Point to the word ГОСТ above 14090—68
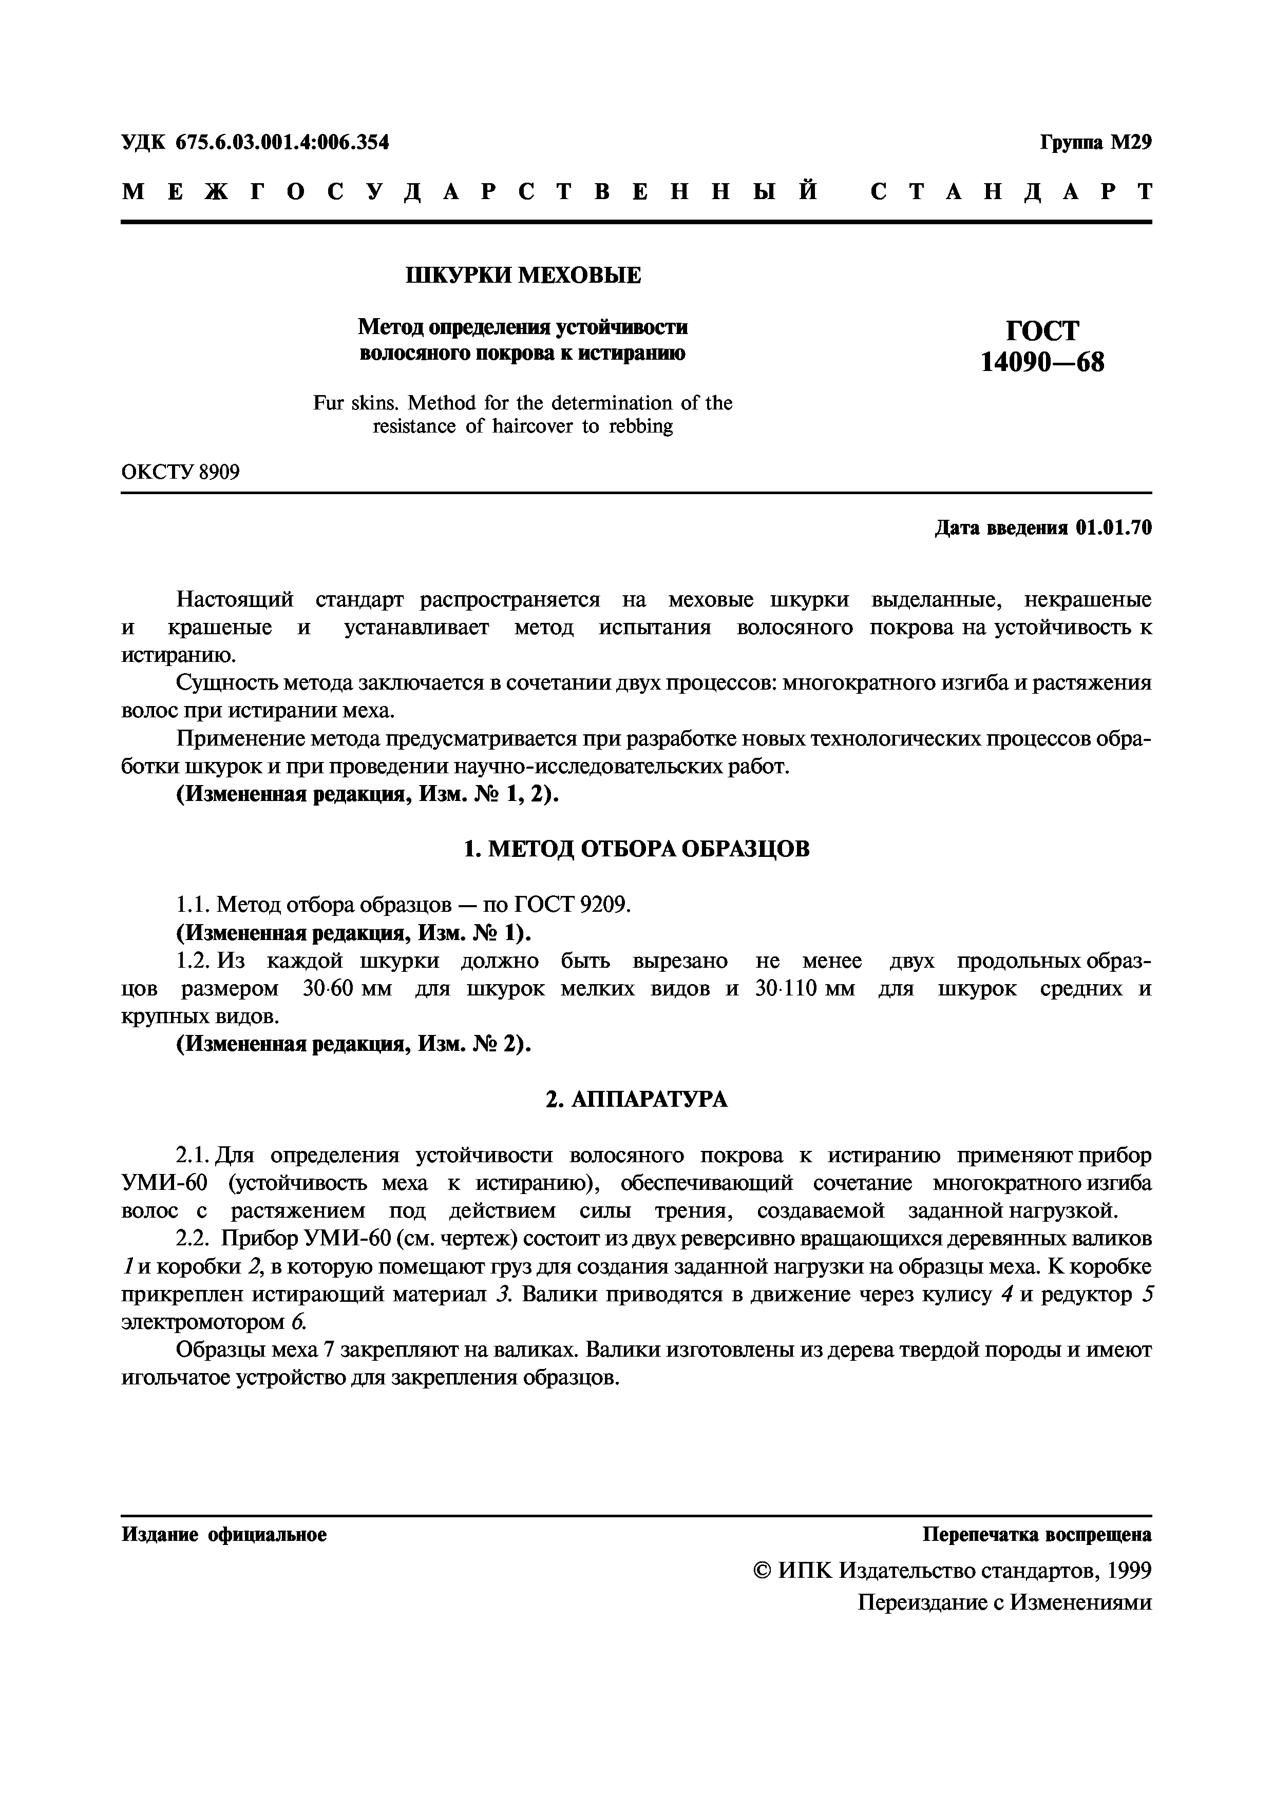[1041, 330]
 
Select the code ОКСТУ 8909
[180, 472]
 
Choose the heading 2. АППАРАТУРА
[636, 1100]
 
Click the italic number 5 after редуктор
[1146, 1295]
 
